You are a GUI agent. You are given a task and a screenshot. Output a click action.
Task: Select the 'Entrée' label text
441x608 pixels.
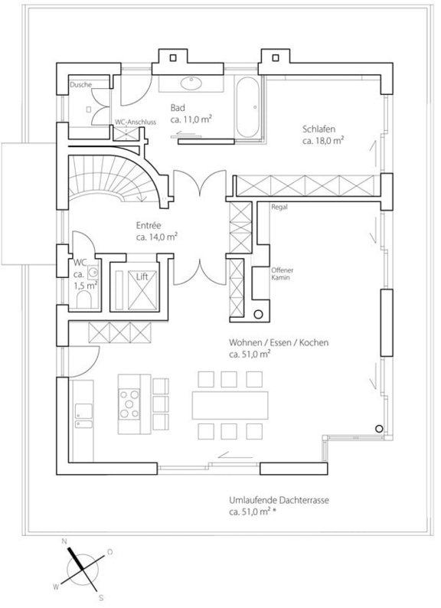(148, 227)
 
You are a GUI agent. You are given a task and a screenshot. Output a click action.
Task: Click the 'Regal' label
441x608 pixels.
(280, 207)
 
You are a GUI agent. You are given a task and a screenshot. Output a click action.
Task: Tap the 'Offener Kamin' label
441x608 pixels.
(282, 274)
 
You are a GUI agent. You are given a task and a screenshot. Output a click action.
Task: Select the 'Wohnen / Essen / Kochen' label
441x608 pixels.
(278, 344)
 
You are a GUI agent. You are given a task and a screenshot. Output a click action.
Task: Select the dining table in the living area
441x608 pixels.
(230, 403)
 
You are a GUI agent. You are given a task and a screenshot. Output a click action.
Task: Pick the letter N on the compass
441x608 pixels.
(65, 541)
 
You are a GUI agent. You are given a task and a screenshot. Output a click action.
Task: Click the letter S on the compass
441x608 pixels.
(102, 596)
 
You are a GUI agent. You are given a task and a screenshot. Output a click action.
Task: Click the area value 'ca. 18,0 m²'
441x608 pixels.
(322, 142)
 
